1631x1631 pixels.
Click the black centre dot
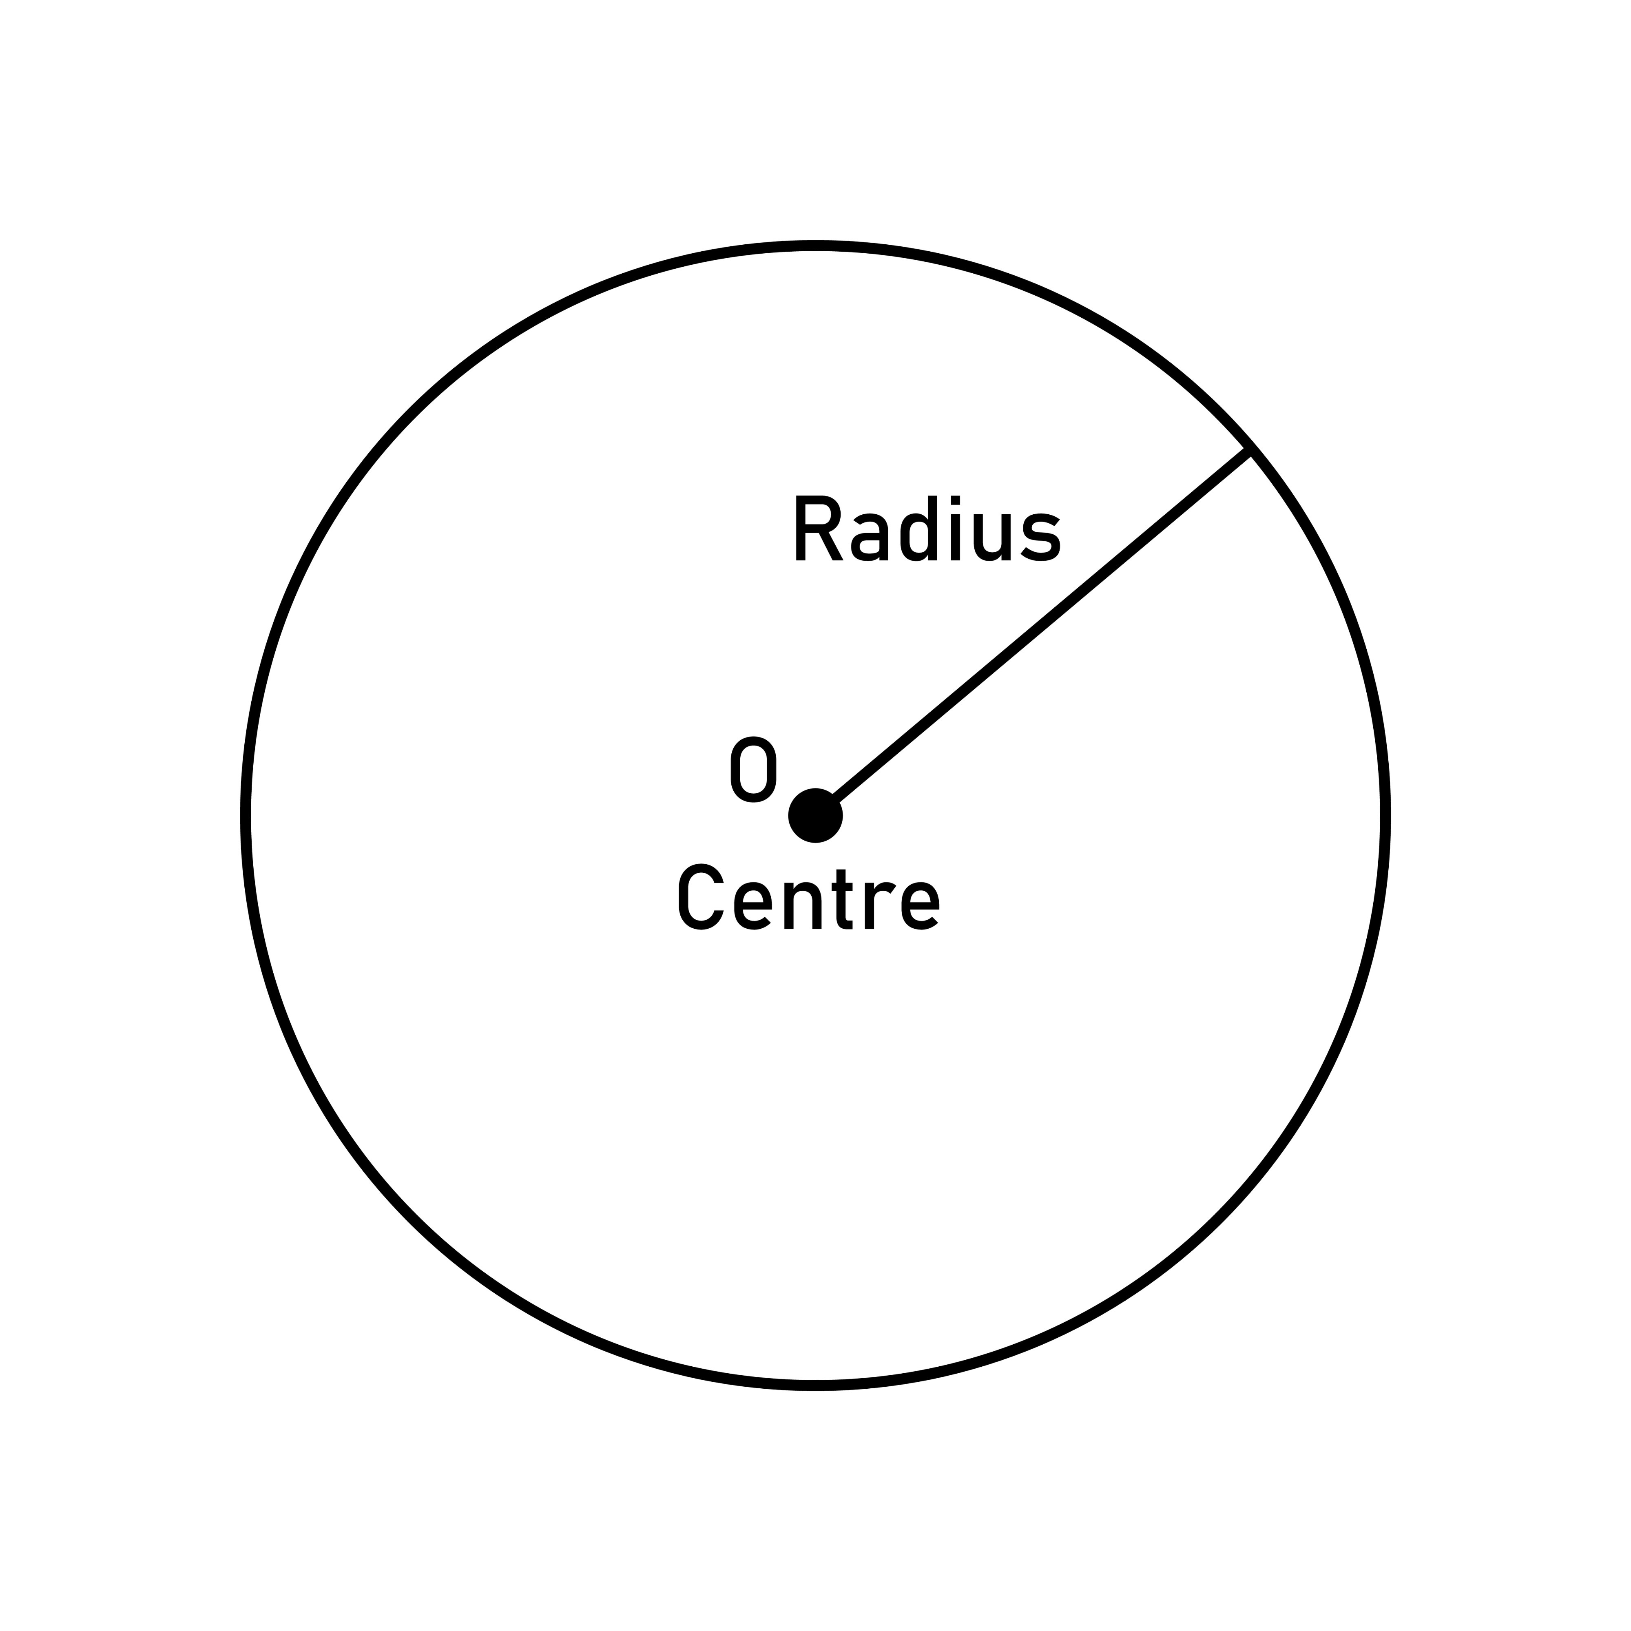pos(814,816)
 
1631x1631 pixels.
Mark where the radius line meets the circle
pos(1249,451)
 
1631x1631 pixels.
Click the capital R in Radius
pos(818,529)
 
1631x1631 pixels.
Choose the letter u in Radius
pos(992,538)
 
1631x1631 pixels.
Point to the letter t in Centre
pos(843,900)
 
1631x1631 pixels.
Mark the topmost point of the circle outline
pos(816,246)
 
